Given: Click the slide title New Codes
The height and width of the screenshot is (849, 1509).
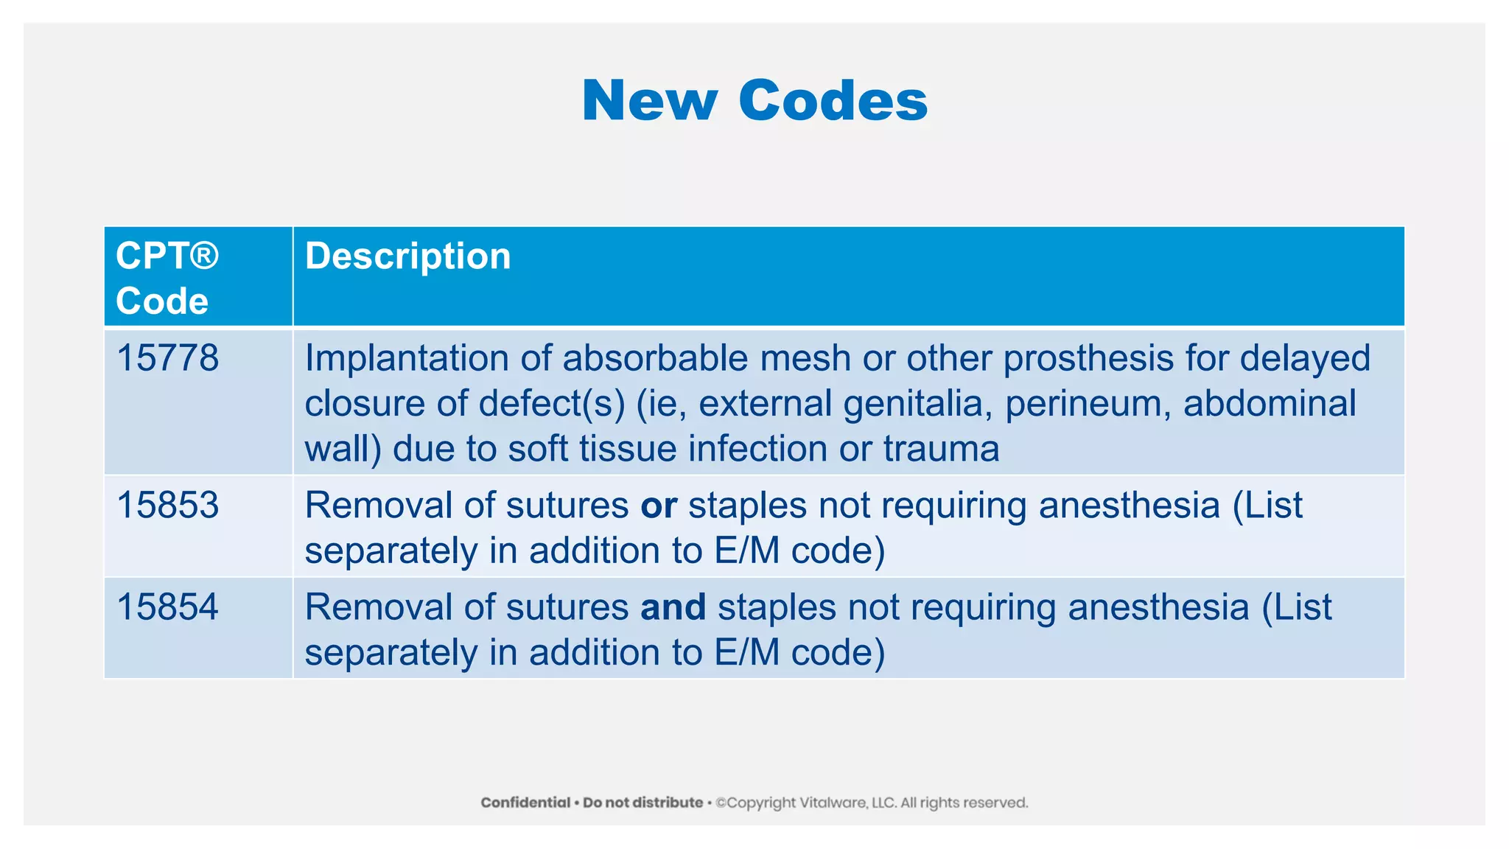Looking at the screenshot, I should point(754,100).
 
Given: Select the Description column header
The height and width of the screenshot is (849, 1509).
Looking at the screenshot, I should point(407,256).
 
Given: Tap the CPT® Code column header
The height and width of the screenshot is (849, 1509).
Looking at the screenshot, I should point(167,278).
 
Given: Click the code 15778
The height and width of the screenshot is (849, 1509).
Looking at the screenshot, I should point(168,358).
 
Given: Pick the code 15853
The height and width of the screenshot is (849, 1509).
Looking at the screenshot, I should point(168,506).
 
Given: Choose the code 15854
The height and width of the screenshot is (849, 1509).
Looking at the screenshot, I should point(168,607).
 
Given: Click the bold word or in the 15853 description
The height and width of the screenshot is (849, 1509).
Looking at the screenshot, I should point(658,506).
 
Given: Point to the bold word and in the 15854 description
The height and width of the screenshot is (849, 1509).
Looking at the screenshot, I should point(673,607).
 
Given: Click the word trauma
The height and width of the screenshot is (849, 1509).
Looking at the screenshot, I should point(941,449).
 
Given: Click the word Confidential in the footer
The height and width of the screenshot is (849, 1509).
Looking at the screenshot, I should point(525,803).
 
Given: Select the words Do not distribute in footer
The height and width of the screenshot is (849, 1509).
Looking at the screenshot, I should point(643,803).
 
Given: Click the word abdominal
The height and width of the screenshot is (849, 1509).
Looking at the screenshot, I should point(1269,404).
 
